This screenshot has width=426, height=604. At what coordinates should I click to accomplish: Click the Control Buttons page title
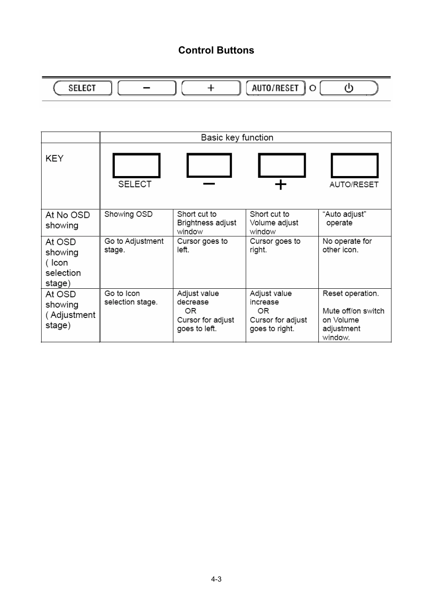click(216, 50)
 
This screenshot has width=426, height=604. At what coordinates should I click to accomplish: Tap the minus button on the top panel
click(147, 88)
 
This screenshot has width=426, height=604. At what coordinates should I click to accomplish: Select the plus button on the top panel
click(211, 88)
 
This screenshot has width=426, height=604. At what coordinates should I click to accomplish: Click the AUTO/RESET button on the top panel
click(275, 88)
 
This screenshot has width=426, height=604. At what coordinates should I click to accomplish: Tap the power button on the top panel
click(349, 88)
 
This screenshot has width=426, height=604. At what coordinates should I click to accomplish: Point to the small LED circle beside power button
click(313, 88)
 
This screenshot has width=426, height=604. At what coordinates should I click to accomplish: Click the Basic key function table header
click(237, 137)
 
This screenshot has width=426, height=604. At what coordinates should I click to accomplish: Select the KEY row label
click(54, 159)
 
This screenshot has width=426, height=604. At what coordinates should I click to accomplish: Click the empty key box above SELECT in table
click(136, 166)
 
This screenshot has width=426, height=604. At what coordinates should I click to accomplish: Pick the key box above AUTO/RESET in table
click(354, 166)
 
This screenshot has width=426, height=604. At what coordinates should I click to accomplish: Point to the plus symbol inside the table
click(280, 184)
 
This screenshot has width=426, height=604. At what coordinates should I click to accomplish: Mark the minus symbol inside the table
click(209, 183)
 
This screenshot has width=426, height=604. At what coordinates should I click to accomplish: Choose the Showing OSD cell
click(128, 214)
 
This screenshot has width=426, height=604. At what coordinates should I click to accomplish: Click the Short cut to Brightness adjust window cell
click(207, 223)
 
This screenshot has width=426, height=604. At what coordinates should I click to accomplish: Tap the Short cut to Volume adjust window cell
click(274, 223)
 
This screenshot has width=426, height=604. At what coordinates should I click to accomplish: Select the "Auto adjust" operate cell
click(344, 219)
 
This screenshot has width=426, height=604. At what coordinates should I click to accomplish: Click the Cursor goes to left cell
click(202, 245)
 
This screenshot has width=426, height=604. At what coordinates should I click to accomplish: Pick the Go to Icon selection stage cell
click(131, 298)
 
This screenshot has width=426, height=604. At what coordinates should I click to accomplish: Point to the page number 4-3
click(216, 579)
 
